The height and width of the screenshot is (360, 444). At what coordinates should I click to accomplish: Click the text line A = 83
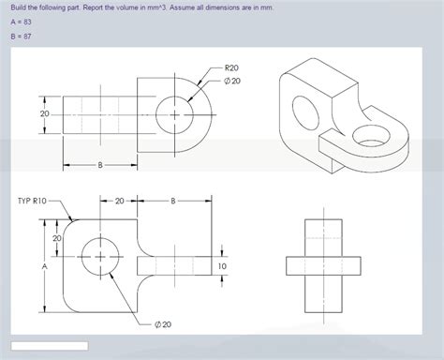coord(21,22)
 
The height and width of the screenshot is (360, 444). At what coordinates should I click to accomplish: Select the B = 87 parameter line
coord(21,37)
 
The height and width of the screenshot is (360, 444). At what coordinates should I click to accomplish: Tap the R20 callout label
coord(231,67)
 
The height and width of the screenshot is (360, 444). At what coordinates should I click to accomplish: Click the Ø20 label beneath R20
coord(232,81)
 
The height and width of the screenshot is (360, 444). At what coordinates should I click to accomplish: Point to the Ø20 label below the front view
coord(163,324)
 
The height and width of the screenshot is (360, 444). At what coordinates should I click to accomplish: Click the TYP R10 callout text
coord(32,201)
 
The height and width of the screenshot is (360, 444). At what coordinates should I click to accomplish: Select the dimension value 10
coord(222,266)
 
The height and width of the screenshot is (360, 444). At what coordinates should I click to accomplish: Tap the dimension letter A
coord(45,266)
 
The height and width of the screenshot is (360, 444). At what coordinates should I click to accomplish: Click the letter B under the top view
coord(100,165)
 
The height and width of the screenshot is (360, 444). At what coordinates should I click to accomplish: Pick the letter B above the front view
coord(173,201)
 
